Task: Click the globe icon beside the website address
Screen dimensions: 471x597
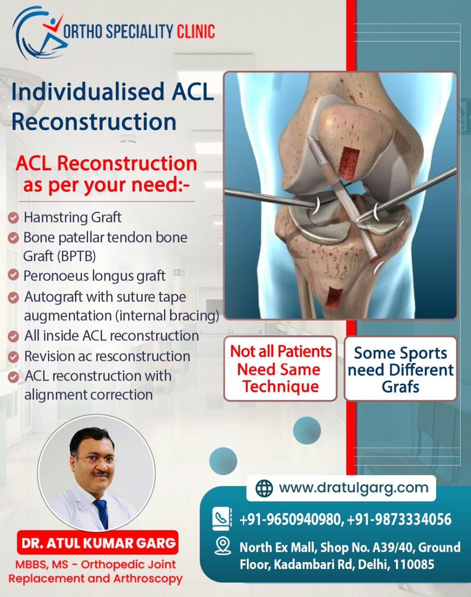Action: (264, 488)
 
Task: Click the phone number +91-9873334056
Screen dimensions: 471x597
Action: (399, 519)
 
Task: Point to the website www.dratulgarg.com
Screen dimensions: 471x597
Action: (354, 488)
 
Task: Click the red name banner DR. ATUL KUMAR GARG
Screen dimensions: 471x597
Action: (97, 543)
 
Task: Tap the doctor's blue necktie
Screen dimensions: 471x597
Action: (102, 514)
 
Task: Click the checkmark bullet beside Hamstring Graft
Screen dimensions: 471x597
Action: (14, 218)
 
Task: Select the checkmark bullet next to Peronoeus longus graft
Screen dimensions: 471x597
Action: (14, 275)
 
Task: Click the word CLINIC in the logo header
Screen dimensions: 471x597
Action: (196, 31)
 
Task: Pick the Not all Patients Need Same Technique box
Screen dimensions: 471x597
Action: (280, 368)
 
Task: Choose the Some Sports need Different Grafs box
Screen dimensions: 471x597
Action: (400, 368)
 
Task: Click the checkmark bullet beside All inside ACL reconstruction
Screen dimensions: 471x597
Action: (14, 337)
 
